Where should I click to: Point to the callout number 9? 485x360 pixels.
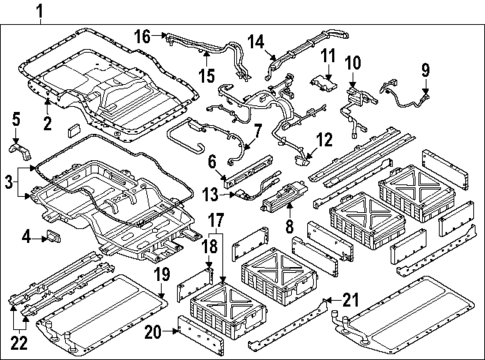[424, 70]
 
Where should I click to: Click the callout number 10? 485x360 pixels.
[352, 63]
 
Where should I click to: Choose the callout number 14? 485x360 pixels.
[256, 41]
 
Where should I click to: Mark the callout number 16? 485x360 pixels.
[143, 35]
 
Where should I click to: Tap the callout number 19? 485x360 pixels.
[157, 273]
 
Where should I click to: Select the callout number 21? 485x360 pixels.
[349, 298]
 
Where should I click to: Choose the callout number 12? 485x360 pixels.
[322, 139]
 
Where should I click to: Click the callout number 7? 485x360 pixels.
[258, 131]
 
